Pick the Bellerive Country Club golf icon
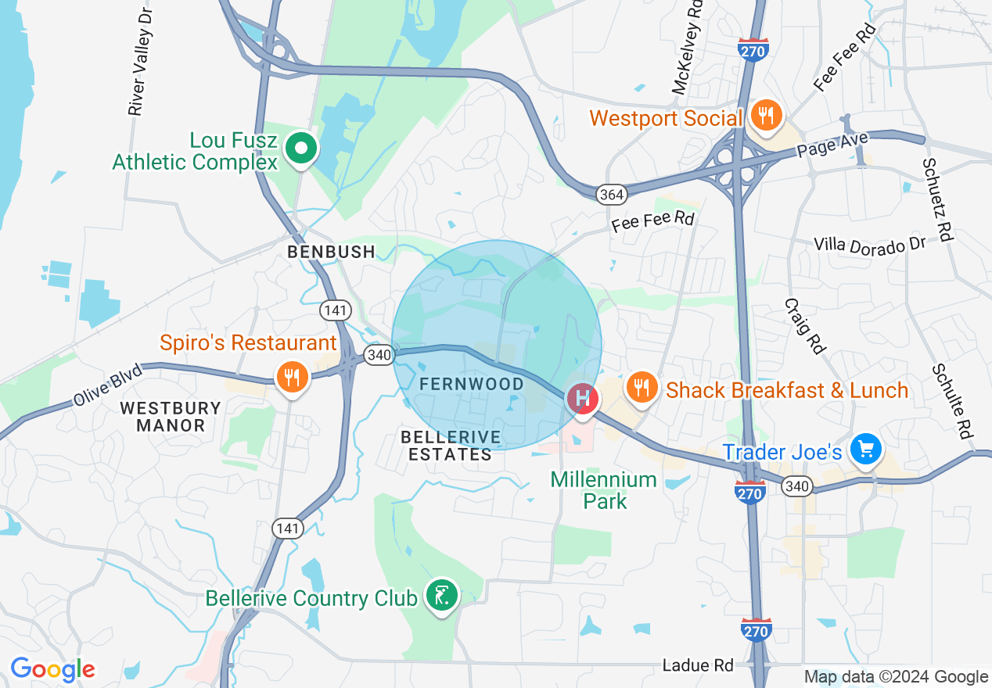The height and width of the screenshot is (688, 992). (x=441, y=597)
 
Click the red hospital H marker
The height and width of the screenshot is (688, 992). (x=582, y=399)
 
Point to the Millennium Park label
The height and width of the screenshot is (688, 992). (x=603, y=490)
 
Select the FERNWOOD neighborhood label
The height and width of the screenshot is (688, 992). (x=472, y=384)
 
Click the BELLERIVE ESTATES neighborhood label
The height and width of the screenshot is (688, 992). (x=449, y=445)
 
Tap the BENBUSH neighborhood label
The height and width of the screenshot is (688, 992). (x=331, y=252)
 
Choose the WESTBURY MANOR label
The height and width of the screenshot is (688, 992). (x=171, y=417)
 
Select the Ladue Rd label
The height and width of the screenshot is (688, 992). (x=698, y=665)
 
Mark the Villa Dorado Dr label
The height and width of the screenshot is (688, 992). (x=869, y=244)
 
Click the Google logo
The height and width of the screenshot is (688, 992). (x=52, y=669)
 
